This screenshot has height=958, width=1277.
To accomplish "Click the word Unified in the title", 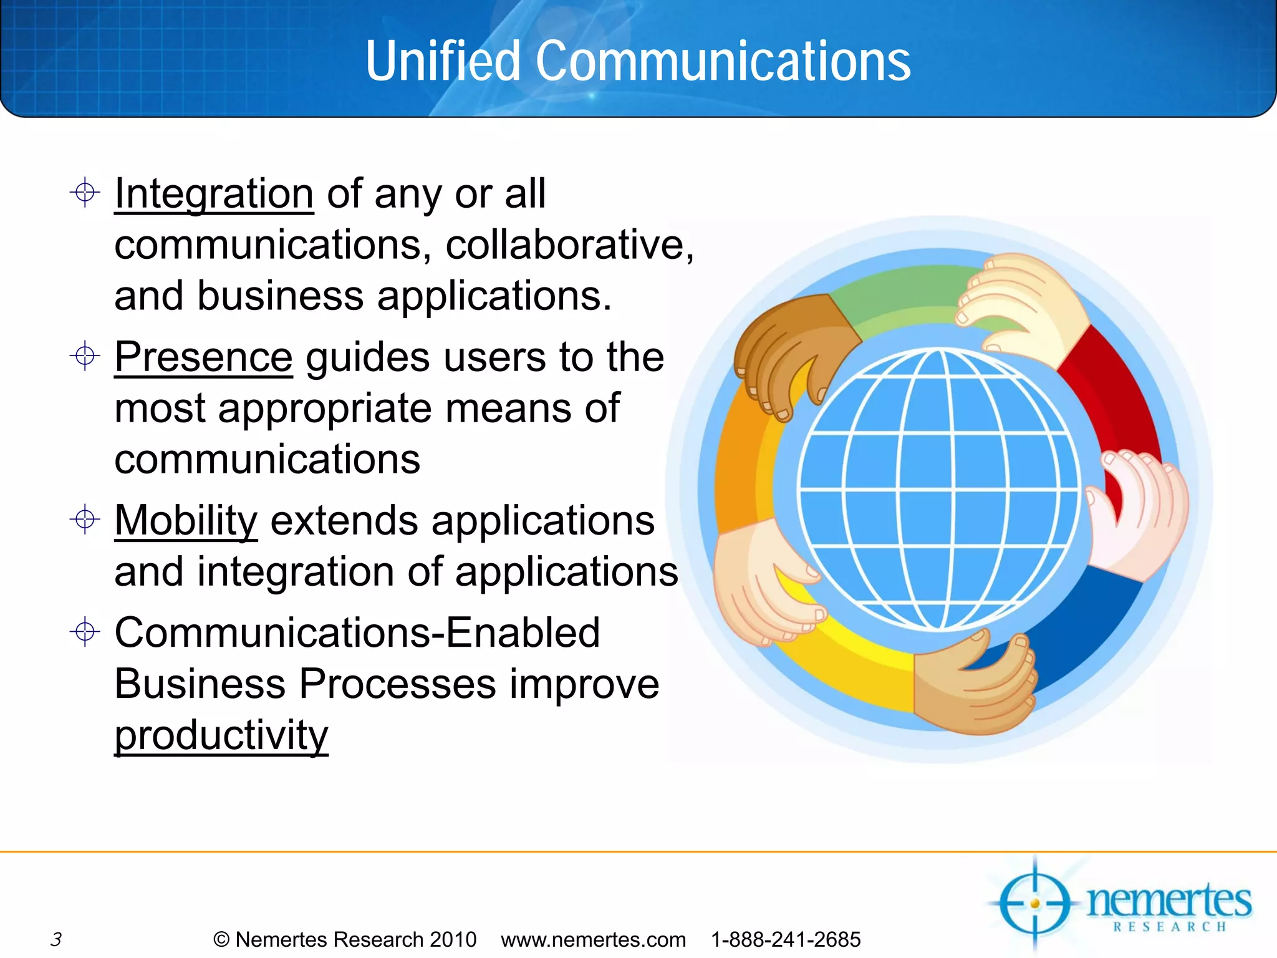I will (443, 61).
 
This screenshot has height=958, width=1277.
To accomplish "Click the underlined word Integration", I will (214, 193).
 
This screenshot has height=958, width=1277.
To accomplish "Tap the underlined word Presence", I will (203, 357).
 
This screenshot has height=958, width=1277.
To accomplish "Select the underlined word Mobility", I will (186, 520).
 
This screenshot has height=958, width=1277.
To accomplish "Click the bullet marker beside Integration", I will (85, 192).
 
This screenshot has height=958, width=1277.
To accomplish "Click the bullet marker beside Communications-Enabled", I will (85, 632).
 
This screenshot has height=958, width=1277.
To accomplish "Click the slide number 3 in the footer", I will (56, 939).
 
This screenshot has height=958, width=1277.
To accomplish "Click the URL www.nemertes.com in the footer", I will (593, 939).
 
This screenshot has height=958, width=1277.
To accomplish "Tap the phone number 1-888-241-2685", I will (786, 939).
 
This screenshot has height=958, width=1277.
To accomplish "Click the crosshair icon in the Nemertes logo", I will (1035, 904).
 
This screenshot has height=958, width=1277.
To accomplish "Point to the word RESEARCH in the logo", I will (1170, 927).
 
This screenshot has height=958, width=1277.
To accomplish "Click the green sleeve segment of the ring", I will (904, 293).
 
